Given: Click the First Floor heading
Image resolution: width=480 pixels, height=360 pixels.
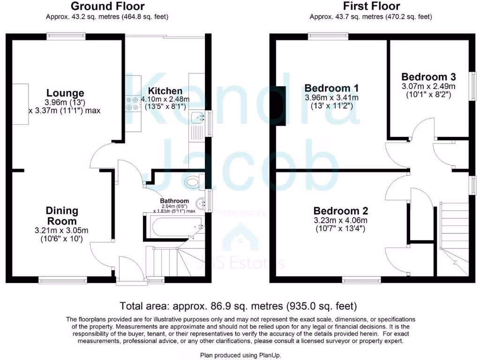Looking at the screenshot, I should tap(371, 6).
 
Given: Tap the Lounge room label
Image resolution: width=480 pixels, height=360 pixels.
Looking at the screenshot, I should tap(65, 93).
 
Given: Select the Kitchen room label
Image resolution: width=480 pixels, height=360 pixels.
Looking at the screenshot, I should tap(165, 91).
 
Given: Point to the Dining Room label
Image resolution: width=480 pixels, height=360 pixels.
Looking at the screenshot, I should tap(61, 216).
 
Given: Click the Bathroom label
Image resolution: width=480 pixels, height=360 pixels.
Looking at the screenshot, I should tap(174, 201).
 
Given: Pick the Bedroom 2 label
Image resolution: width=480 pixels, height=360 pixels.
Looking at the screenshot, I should tap(341, 211).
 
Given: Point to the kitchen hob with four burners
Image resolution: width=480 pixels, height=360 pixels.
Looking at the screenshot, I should tap(133, 103).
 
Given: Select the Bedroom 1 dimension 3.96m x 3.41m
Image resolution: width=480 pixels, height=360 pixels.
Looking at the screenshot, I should tap(331, 97).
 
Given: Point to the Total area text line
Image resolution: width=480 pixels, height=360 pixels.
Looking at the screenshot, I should tap(239, 306).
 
